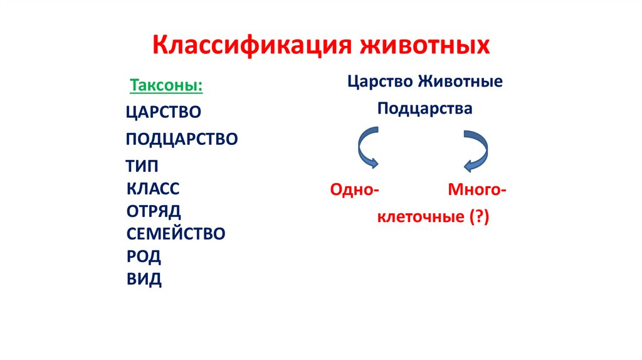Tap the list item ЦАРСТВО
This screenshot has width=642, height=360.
pyautogui.click(x=163, y=112)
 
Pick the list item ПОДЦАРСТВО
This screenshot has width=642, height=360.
pyautogui.click(x=182, y=139)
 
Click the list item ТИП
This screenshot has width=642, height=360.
pyautogui.click(x=142, y=166)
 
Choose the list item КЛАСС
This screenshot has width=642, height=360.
pyautogui.click(x=153, y=189)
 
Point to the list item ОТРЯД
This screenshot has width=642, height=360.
pyautogui.click(x=154, y=211)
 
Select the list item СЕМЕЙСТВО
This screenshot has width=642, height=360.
pyautogui.click(x=176, y=234)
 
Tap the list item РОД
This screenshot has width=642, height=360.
pyautogui.click(x=144, y=256)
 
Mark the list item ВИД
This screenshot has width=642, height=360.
pyautogui.click(x=144, y=278)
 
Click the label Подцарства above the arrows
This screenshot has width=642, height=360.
pyautogui.click(x=424, y=109)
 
